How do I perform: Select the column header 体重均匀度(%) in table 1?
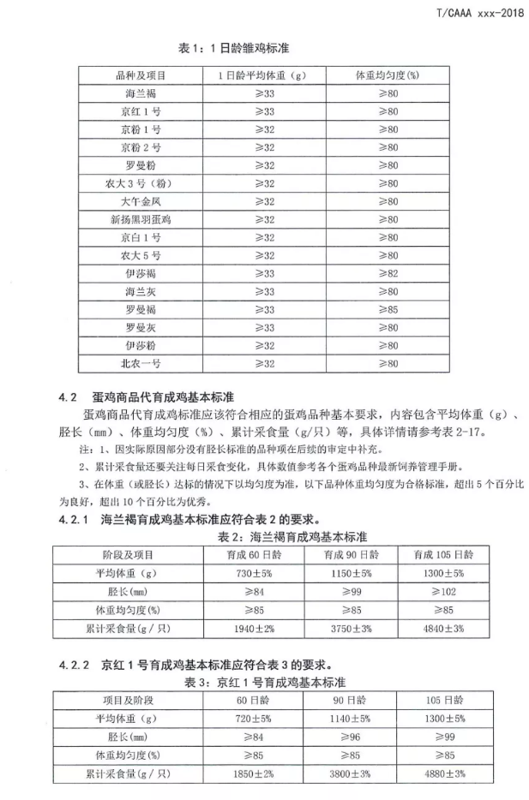pyautogui.click(x=388, y=75)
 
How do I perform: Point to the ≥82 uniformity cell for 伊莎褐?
pyautogui.click(x=388, y=273)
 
